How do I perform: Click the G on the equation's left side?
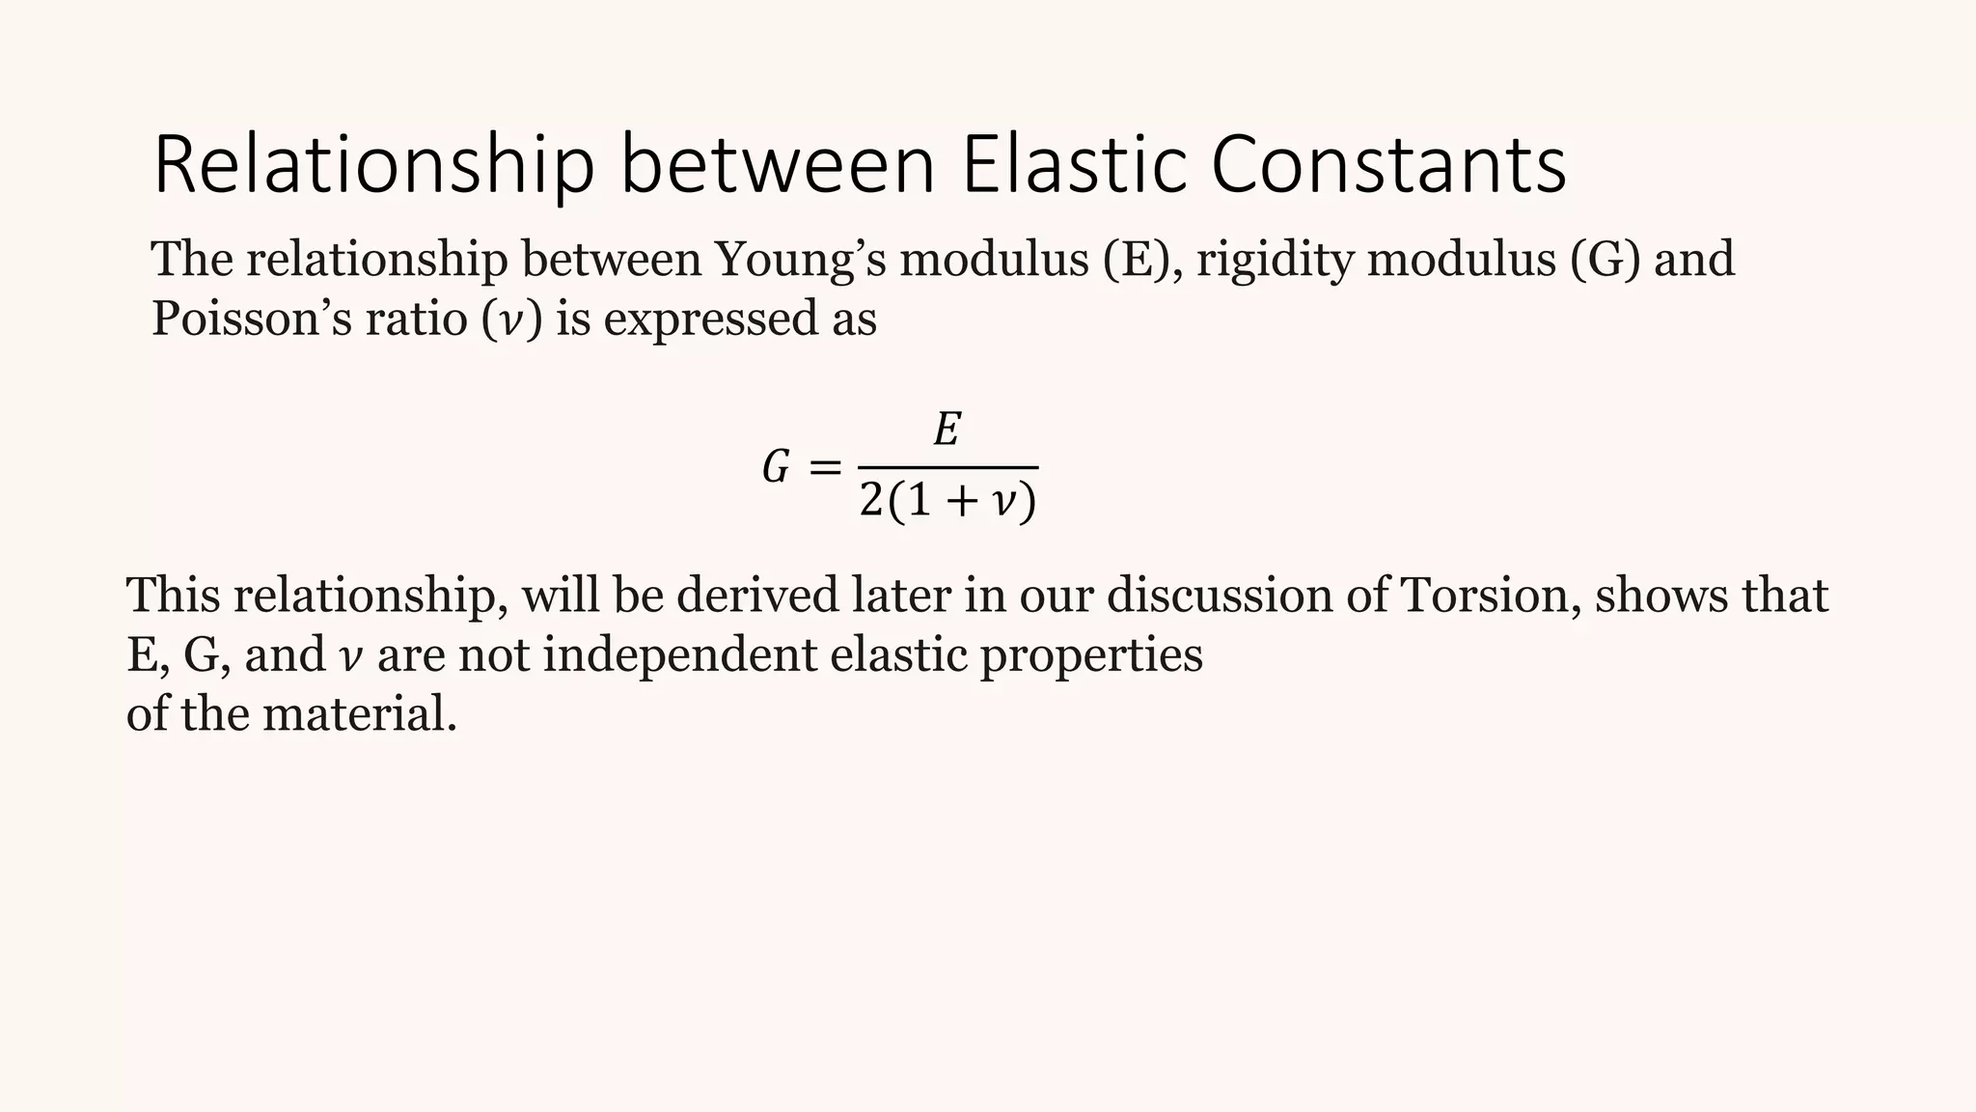(776, 470)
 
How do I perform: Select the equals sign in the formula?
(824, 469)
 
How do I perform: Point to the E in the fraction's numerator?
(947, 430)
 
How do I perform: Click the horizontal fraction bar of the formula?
(947, 468)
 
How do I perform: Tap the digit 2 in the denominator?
(871, 501)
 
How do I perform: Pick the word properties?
(1091, 655)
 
